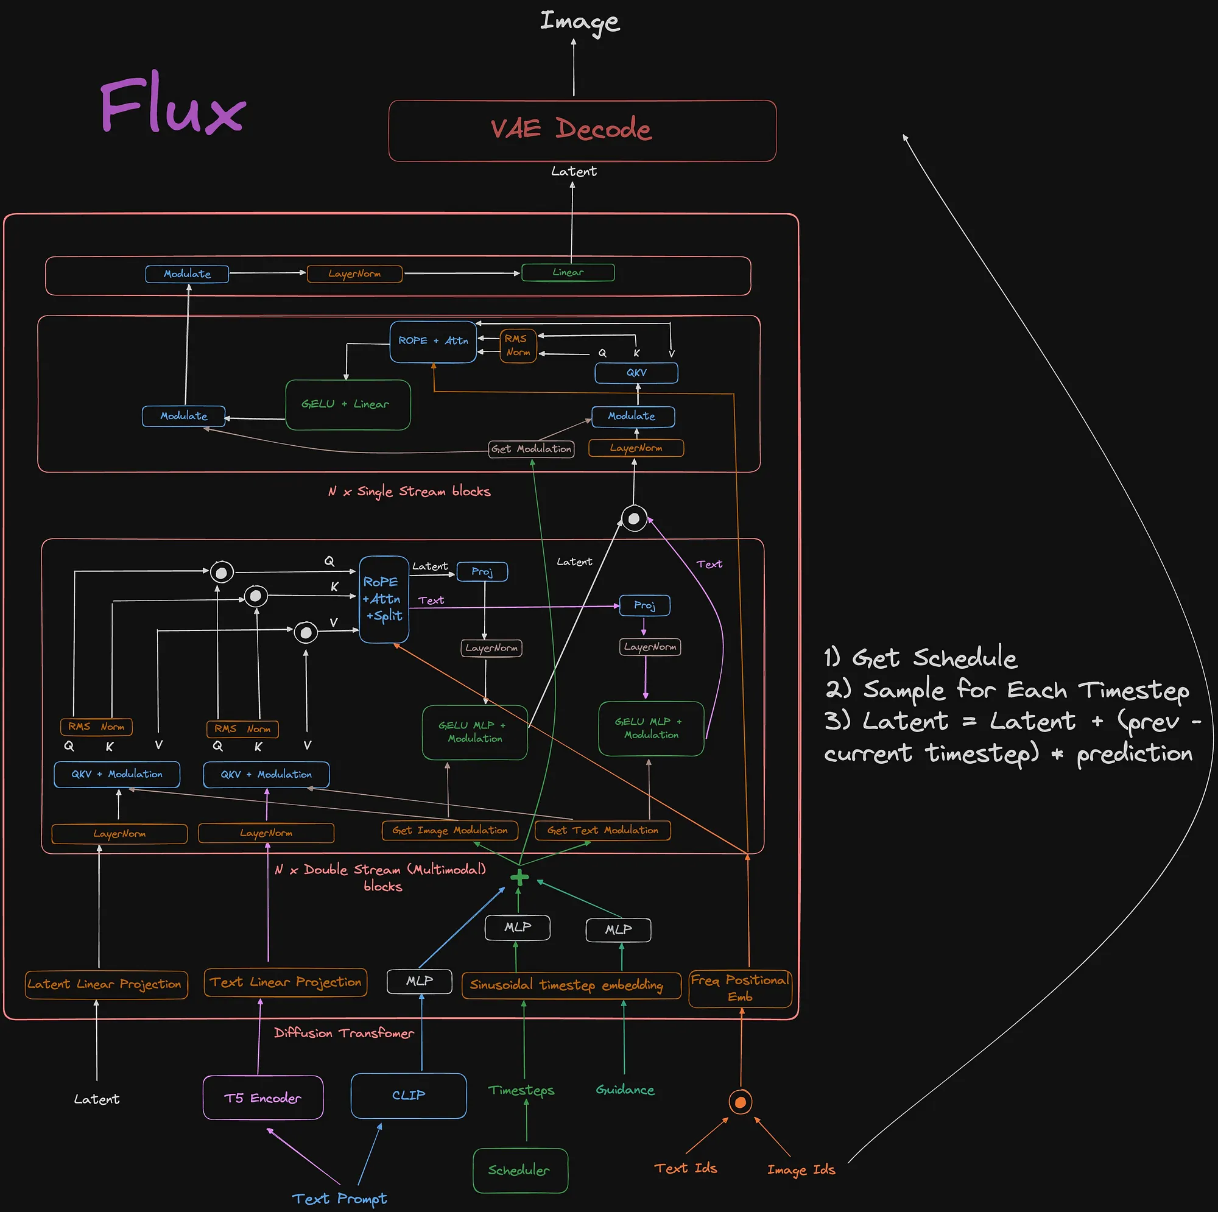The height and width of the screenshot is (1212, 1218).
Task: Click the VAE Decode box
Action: coord(582,130)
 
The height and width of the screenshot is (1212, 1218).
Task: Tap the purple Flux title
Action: coord(172,104)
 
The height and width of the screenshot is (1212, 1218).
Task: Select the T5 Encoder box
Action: coord(263,1098)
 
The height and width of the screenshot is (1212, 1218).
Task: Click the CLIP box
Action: coord(409,1095)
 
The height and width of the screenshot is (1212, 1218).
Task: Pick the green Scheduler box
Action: coord(520,1171)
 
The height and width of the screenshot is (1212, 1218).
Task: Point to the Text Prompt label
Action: coord(339,1198)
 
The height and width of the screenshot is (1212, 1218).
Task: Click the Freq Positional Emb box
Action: coord(740,988)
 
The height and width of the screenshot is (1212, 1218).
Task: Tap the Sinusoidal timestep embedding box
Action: coord(571,985)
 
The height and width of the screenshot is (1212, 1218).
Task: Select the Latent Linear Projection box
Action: coord(106,984)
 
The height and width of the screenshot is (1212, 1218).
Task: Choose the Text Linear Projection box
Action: coord(286,982)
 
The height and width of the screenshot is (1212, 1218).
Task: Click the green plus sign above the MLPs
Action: coord(519,877)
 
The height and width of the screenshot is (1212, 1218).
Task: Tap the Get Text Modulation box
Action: coord(602,831)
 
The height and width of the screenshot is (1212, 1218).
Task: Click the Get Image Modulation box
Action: coord(449,831)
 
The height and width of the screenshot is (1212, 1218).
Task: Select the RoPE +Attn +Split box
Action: coord(383,599)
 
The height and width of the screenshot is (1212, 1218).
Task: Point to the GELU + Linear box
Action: coord(347,405)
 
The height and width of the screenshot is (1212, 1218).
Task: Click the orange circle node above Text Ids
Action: coord(740,1102)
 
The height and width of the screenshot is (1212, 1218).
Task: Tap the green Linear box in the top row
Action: coord(568,272)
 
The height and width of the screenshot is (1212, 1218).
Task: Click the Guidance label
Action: coord(625,1090)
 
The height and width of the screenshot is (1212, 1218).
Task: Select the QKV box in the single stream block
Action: coord(636,373)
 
